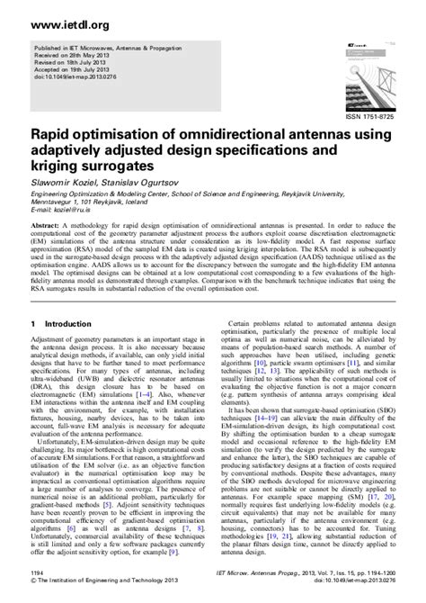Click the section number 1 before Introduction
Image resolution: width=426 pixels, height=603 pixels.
[32, 323]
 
